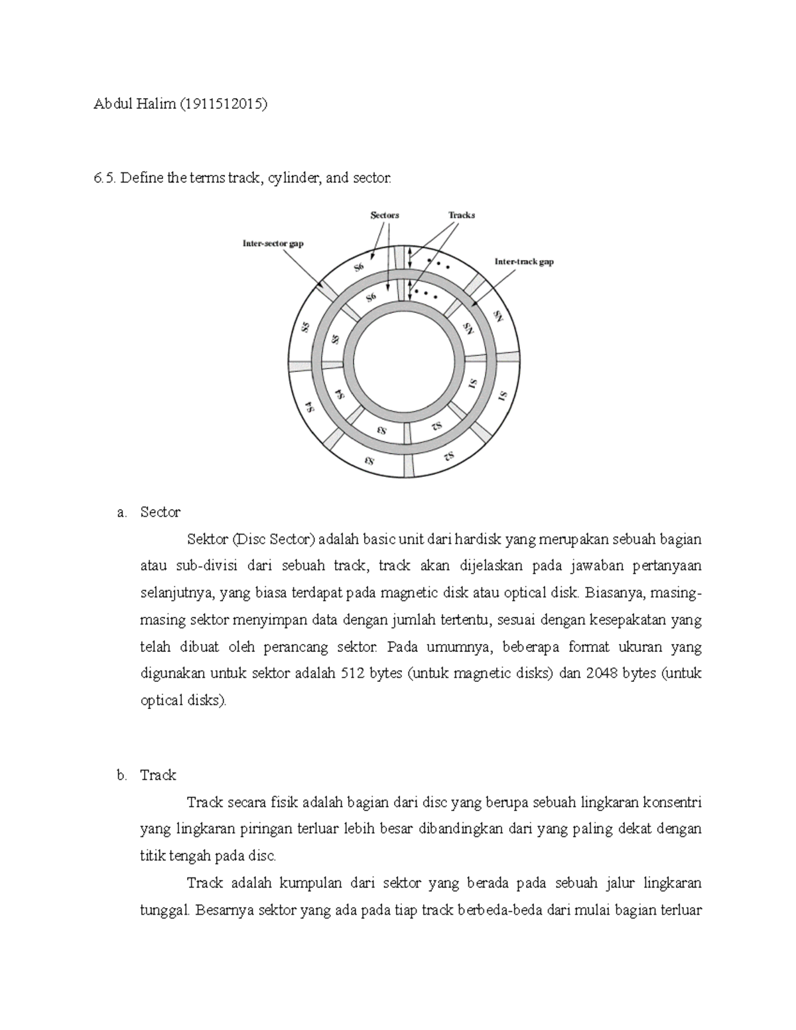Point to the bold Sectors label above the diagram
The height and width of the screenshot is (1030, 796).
point(384,215)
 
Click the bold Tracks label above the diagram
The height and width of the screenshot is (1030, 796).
point(461,215)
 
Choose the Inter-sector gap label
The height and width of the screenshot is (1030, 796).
point(273,243)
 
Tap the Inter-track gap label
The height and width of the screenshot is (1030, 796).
point(524,261)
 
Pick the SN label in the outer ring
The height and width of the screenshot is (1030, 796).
point(497,317)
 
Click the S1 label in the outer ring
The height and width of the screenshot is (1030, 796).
point(501,397)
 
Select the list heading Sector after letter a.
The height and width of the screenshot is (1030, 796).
point(160,512)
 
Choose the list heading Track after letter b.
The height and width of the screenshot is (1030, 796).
point(158,775)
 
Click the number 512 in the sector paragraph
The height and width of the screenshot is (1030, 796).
point(352,673)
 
